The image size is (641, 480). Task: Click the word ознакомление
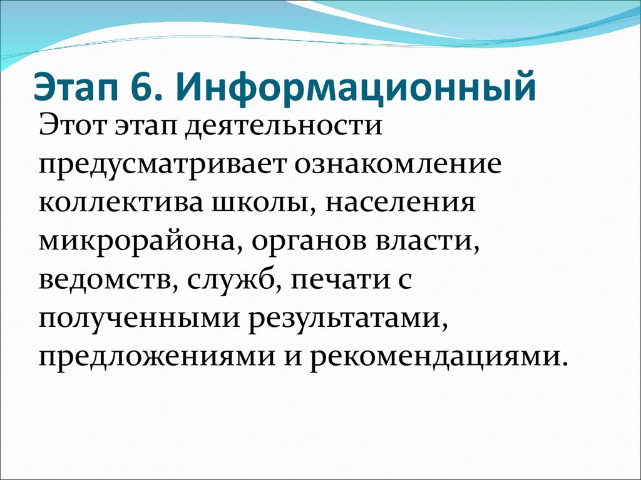396,164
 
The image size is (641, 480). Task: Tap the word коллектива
121,202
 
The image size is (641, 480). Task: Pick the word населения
401,202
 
